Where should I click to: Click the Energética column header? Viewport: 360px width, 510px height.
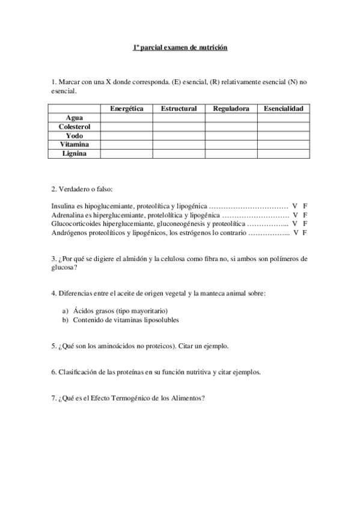point(126,109)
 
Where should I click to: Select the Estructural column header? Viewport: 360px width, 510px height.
point(178,109)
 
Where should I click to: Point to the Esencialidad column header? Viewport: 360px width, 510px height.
point(283,109)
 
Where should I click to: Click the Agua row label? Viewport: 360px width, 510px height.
point(75,118)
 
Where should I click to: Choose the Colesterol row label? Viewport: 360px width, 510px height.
point(75,127)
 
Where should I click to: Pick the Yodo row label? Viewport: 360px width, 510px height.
point(75,136)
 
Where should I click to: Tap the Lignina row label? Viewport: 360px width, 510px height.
point(75,154)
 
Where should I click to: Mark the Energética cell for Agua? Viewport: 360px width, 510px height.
point(126,118)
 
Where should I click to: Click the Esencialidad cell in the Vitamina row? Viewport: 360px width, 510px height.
point(283,145)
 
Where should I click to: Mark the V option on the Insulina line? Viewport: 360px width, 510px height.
point(295,206)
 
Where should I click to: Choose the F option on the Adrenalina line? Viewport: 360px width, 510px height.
point(306,214)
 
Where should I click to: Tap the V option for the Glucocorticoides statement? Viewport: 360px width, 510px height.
point(295,223)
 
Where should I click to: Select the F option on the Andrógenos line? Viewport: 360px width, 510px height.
point(306,232)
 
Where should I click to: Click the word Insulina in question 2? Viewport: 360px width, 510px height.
point(64,206)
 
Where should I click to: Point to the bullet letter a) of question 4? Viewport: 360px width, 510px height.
point(65,311)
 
